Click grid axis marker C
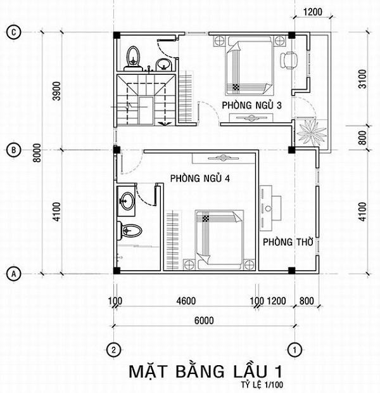[12, 32]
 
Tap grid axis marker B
[12, 150]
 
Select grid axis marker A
[12, 274]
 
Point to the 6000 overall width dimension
[203, 320]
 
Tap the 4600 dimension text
[186, 300]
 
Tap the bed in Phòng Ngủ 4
[217, 239]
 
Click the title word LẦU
[234, 370]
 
